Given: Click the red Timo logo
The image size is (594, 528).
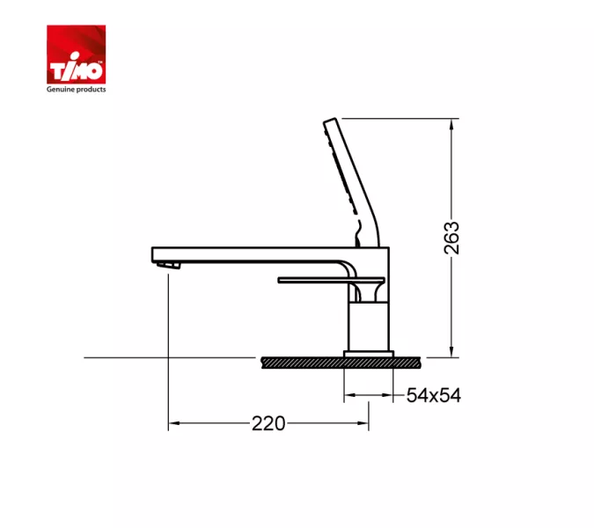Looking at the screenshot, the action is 77,55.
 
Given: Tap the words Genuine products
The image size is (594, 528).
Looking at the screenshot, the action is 77,90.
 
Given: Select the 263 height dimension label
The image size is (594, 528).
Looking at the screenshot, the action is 451,238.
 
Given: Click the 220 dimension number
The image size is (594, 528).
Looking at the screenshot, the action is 268,423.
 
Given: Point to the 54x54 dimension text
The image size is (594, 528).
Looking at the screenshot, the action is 434,396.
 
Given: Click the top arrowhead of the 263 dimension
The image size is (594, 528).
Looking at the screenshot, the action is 451,125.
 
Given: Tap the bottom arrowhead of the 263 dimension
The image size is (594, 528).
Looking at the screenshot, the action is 451,351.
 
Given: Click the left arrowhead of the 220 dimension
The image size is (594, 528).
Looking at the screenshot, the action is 174,423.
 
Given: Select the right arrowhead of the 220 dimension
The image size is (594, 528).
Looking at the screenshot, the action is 363,423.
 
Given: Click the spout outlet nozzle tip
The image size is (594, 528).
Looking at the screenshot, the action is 169,265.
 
